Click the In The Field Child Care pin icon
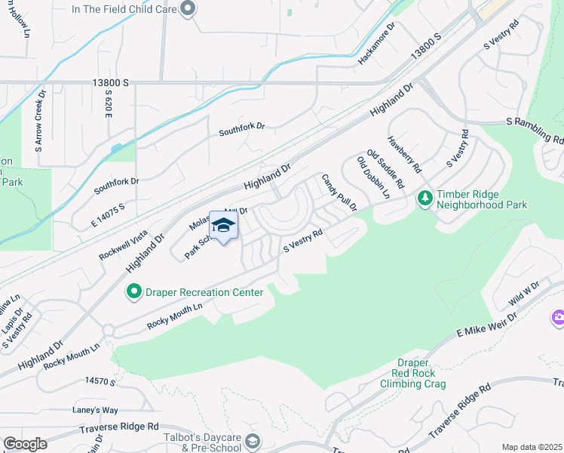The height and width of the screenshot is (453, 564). click(189, 9)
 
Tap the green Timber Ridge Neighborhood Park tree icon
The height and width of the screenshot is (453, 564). click(425, 198)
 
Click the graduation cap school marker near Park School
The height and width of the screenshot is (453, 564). click(224, 225)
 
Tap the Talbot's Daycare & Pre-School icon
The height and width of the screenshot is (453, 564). click(254, 441)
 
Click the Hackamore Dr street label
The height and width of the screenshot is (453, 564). click(377, 43)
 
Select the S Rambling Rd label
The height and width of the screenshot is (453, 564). click(535, 130)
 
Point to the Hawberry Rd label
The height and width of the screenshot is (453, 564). click(404, 152)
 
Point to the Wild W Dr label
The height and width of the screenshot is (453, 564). click(525, 294)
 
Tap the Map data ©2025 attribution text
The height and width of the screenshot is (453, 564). click(532, 447)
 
